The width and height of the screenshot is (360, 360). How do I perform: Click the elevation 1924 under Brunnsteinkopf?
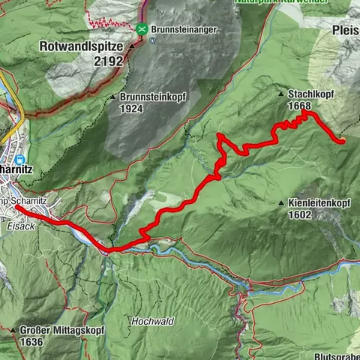click(131, 109)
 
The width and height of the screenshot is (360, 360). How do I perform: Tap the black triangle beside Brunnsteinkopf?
click(113, 97)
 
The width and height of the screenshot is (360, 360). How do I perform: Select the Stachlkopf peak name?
click(313, 95)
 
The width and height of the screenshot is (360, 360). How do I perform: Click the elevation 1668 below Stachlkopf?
click(298, 106)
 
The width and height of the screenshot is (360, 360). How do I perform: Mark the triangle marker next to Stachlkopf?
click(280, 95)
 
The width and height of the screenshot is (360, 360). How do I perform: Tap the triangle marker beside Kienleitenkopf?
click(280, 203)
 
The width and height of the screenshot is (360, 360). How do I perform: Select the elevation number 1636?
click(32, 341)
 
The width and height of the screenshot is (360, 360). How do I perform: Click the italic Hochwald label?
click(152, 321)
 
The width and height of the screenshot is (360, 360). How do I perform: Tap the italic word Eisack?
click(14, 213)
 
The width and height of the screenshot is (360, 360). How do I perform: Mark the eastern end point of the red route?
click(342, 140)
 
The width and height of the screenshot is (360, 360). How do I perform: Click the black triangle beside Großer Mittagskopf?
click(13, 330)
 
